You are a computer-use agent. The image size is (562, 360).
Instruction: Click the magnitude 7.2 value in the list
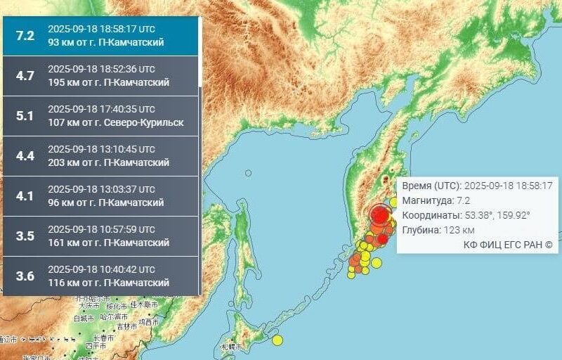tap(25, 36)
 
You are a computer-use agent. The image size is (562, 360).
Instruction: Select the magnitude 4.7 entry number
tap(25, 76)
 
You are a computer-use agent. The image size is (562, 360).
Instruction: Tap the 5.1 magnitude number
tap(25, 116)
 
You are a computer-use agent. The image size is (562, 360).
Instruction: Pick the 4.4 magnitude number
tap(25, 156)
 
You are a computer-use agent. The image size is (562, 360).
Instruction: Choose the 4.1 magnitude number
tap(25, 196)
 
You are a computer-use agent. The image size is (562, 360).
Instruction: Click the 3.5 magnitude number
tap(25, 236)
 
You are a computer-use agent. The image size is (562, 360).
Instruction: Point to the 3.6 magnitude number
tap(25, 276)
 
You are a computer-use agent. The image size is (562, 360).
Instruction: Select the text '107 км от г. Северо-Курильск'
tap(115, 123)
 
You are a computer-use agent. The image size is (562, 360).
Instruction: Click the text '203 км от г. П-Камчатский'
tap(108, 163)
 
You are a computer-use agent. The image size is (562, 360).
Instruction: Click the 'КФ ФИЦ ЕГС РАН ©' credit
tap(508, 245)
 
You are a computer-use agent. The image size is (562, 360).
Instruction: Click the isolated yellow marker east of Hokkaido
tap(277, 340)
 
